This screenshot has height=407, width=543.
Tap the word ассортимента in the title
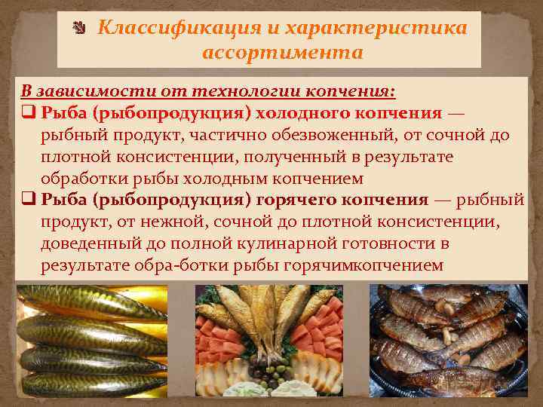[283, 53]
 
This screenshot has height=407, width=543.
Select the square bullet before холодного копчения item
[28, 114]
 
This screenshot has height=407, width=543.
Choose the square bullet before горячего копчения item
[28, 200]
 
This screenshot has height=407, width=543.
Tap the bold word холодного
[305, 113]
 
